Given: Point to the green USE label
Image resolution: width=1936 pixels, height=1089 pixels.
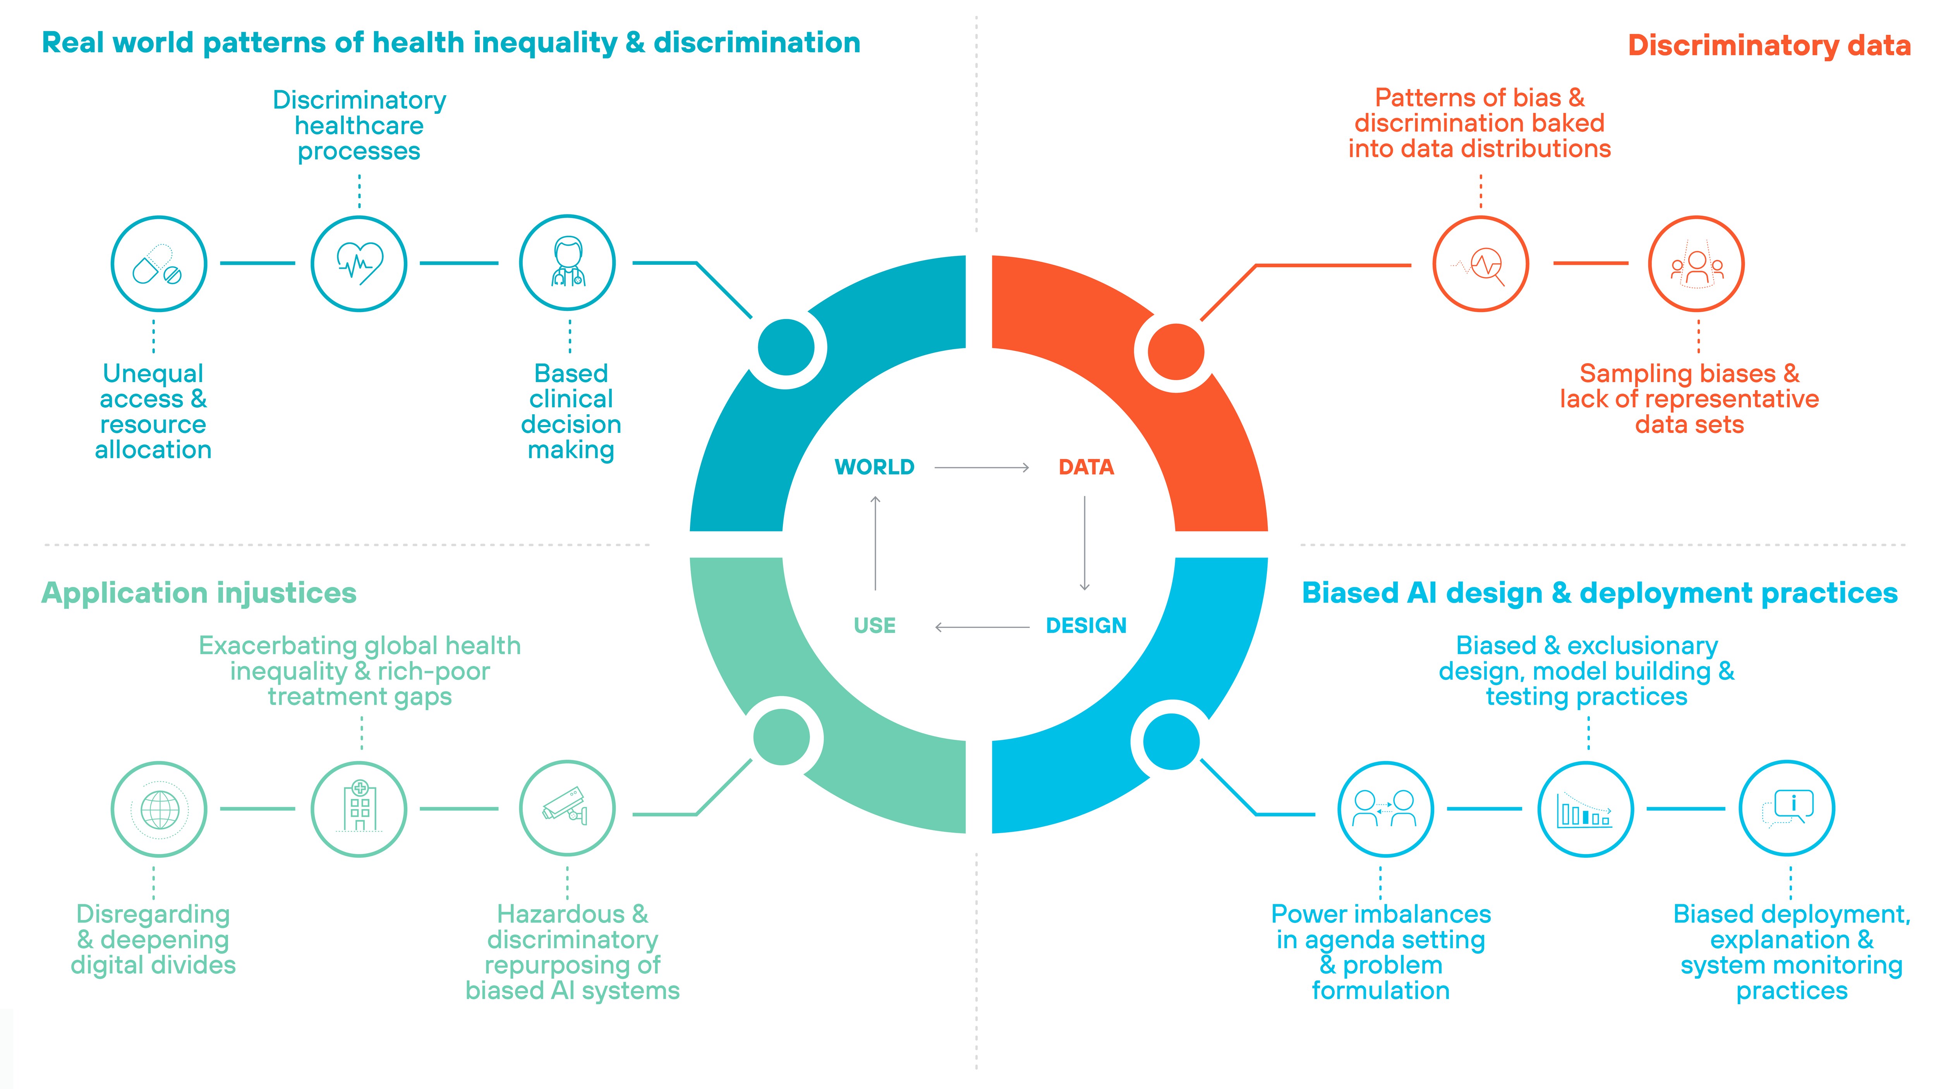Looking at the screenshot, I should click(874, 625).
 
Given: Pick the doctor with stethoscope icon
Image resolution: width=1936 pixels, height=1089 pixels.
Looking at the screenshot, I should click(567, 263).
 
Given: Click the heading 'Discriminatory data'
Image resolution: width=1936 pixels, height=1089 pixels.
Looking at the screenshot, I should click(1768, 45).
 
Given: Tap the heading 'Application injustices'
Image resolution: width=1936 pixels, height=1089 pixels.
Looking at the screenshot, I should click(198, 593).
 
